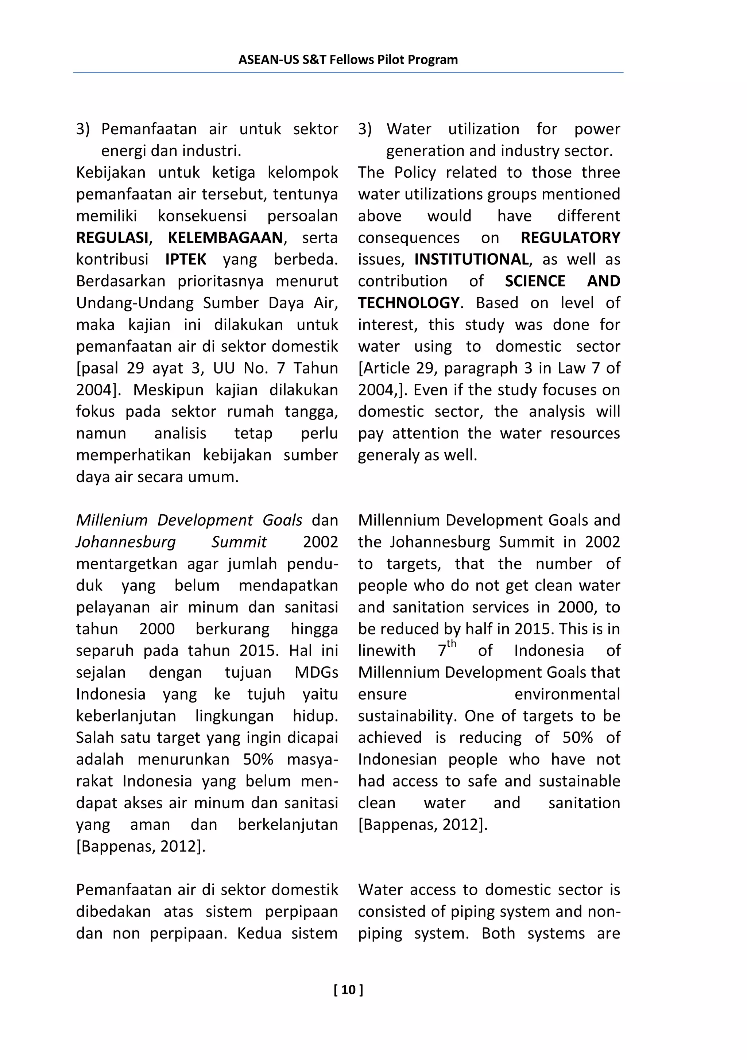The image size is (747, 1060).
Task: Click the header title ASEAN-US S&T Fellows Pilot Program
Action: coord(348,59)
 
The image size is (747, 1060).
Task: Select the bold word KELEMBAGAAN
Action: coord(225,238)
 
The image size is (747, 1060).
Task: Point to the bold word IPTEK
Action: coord(186,259)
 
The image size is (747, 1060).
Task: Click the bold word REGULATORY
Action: coord(570,238)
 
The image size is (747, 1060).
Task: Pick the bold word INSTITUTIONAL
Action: coord(471,259)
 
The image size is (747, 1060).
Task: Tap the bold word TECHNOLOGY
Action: coord(408,303)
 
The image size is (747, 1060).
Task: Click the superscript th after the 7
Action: coord(451,644)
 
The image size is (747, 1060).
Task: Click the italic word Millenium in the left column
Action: coord(111,520)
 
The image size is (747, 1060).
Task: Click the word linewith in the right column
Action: coord(386,651)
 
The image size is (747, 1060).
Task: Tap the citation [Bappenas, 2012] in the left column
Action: coord(140,847)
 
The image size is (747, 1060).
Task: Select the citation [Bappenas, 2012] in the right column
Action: coord(422,825)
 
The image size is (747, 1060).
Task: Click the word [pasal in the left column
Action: coord(97,368)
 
